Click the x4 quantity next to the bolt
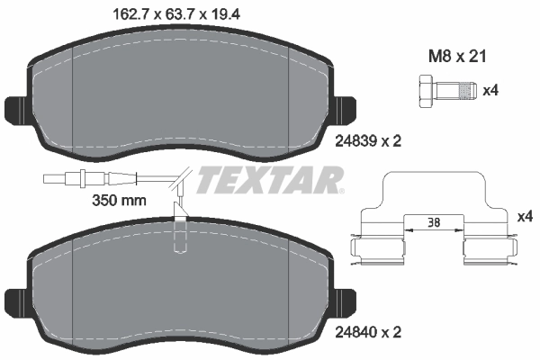[491, 90]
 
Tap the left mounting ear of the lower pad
[16, 301]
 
